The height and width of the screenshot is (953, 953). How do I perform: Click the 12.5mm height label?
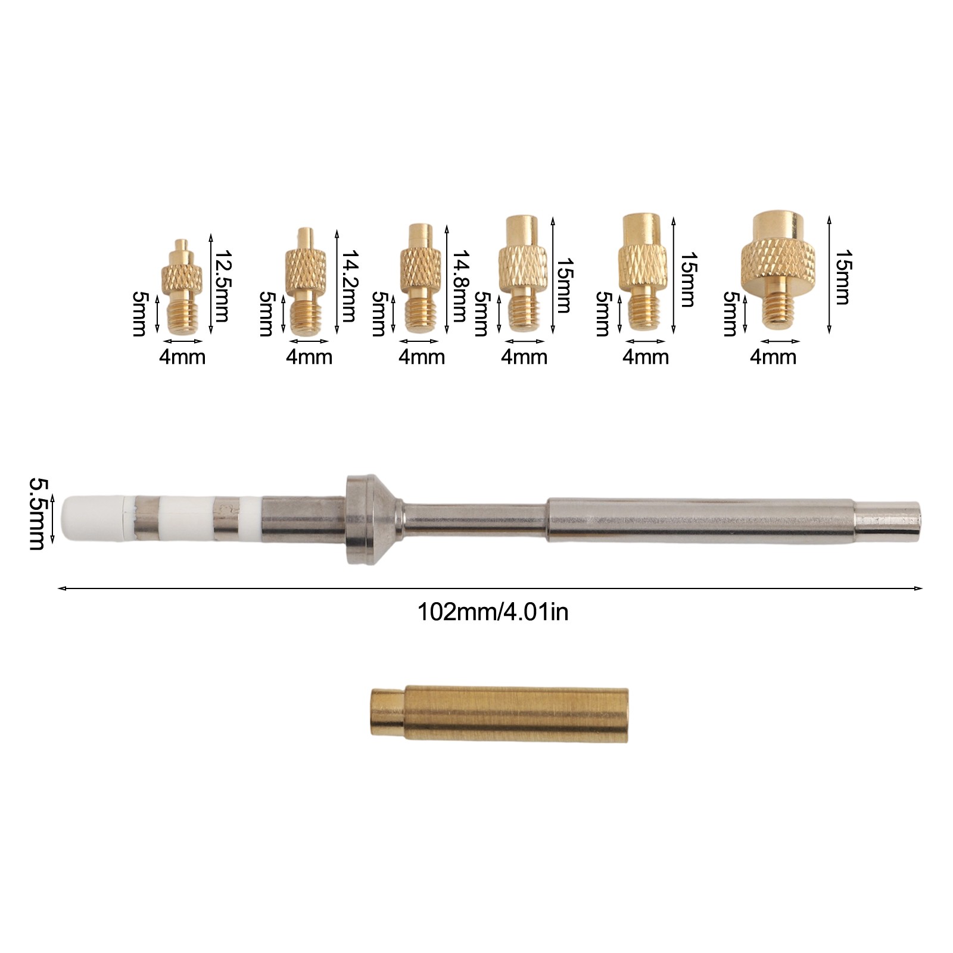[x=221, y=286]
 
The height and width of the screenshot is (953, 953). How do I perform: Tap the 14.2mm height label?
[x=348, y=286]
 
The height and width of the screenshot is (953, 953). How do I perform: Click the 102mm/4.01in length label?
[x=493, y=612]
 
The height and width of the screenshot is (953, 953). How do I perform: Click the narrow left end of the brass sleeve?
[x=386, y=714]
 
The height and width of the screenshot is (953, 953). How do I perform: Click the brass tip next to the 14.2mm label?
[x=306, y=283]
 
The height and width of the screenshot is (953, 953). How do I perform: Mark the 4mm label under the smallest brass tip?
[x=182, y=357]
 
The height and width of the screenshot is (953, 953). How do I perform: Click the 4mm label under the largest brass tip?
[x=773, y=357]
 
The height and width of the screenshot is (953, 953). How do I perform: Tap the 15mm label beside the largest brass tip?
[x=841, y=277]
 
